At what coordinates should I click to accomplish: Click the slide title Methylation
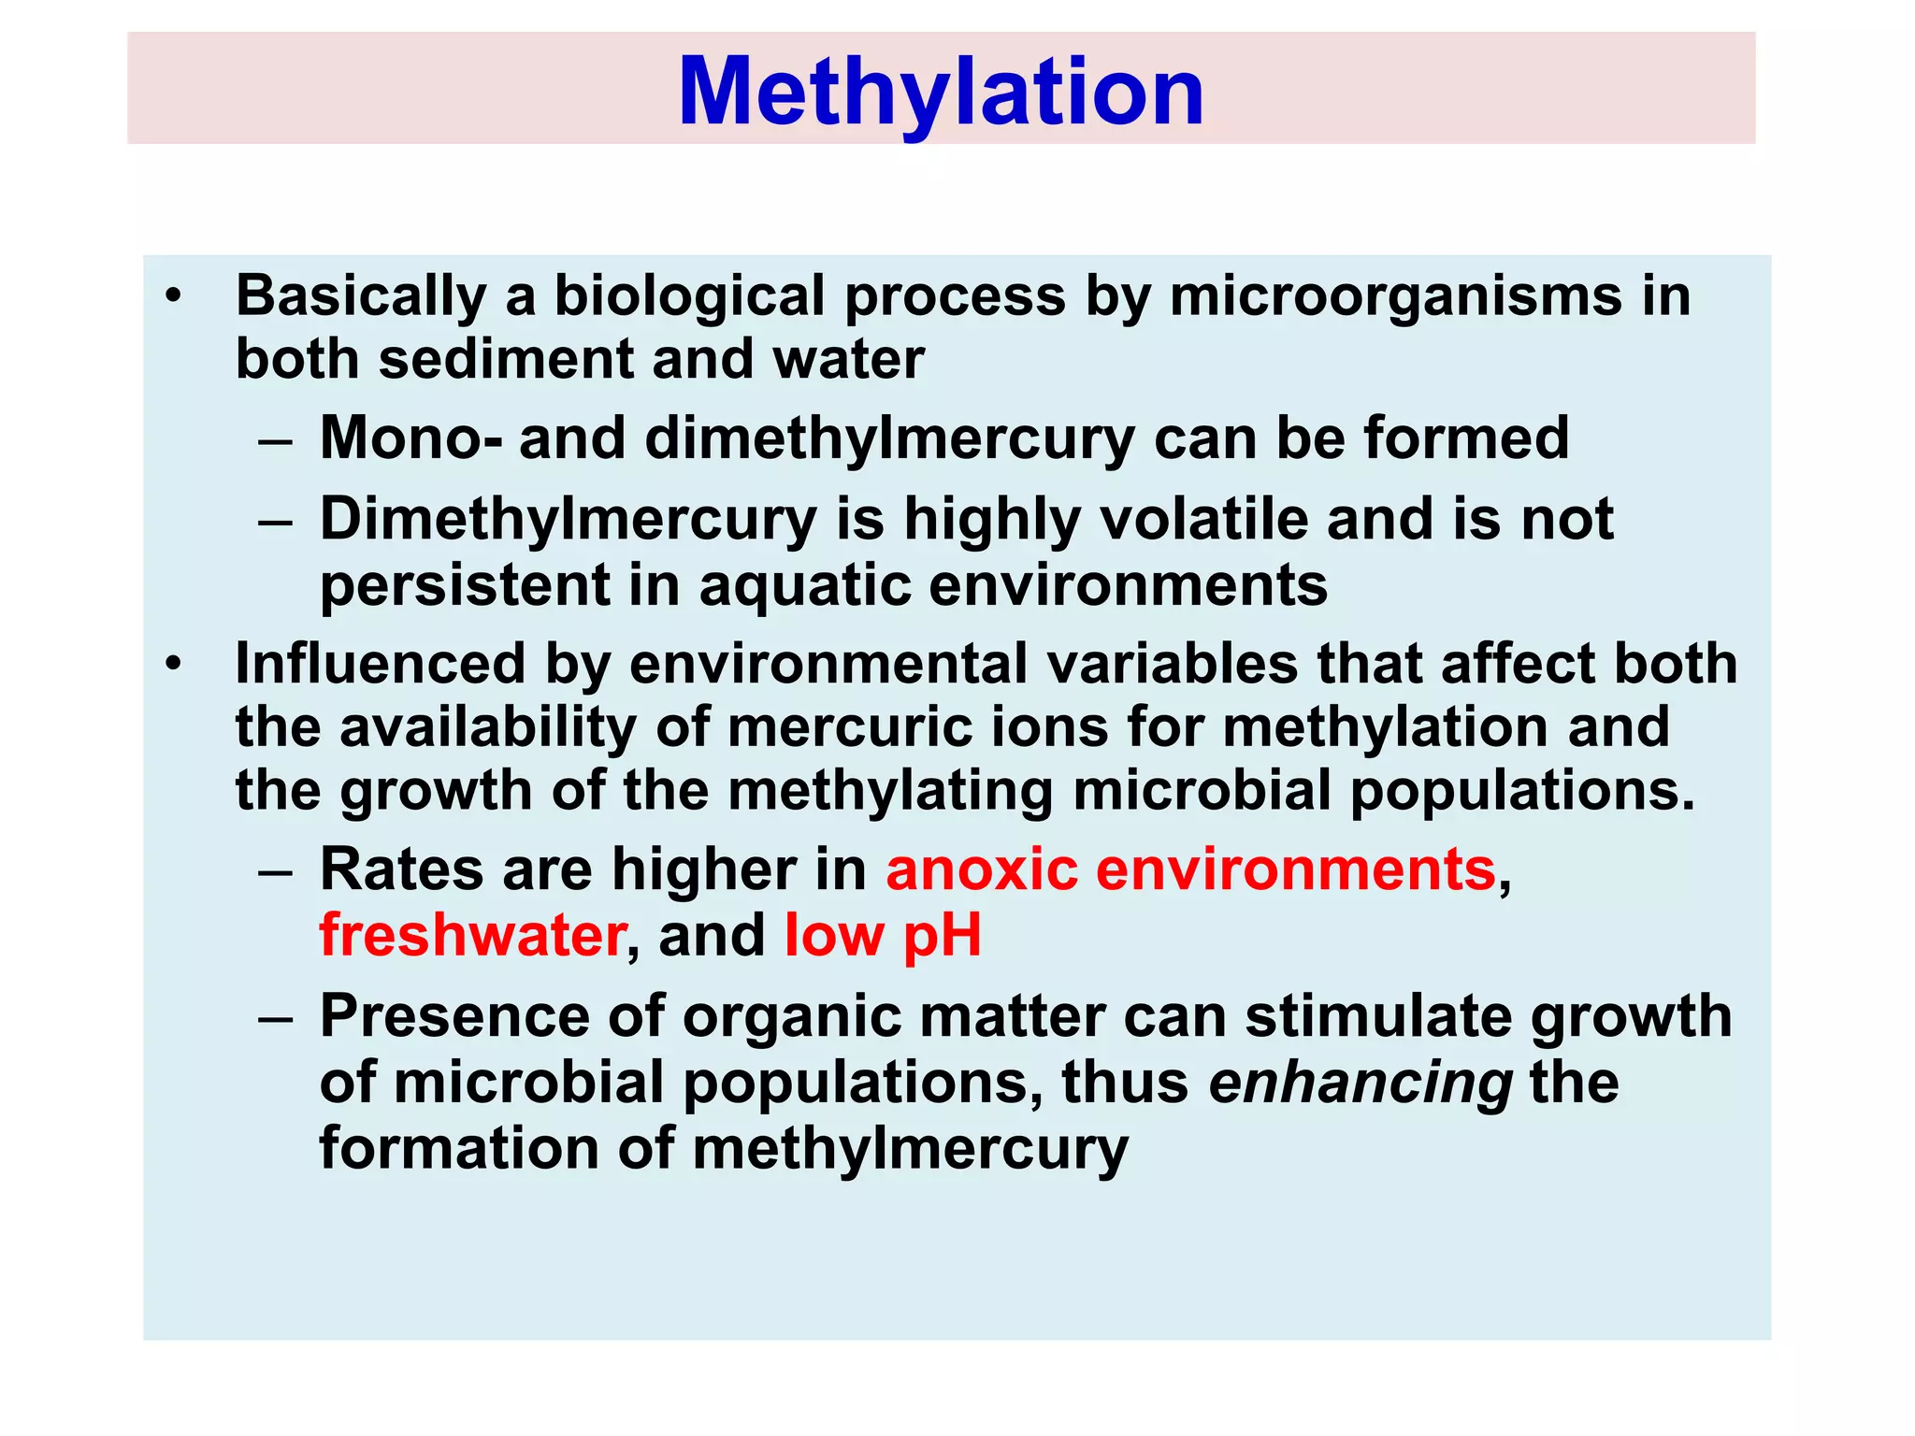pyautogui.click(x=941, y=92)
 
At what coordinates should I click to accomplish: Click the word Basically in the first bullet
pyautogui.click(x=360, y=296)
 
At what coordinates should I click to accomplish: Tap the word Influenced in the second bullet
pyautogui.click(x=380, y=664)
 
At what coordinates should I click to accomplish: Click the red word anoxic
pyautogui.click(x=982, y=869)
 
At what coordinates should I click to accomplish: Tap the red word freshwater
pyautogui.click(x=472, y=935)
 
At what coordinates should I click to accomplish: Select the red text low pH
pyautogui.click(x=883, y=935)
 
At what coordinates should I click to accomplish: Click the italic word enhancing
pyautogui.click(x=1361, y=1083)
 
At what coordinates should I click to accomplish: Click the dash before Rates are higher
pyautogui.click(x=276, y=871)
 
